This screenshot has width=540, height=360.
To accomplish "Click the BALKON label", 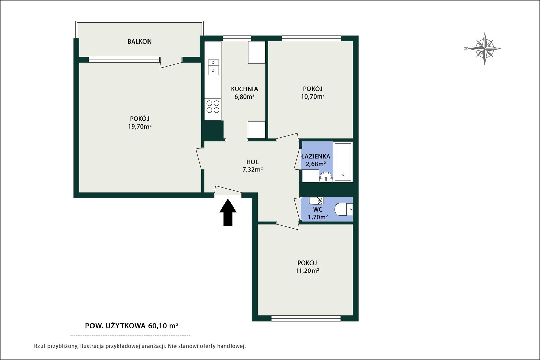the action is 139,41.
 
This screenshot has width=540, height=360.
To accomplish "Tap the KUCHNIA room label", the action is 244,89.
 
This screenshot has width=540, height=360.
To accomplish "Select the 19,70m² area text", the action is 140,126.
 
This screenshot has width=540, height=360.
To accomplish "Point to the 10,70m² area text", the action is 313,96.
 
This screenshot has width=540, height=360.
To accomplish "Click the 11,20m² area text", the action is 307,270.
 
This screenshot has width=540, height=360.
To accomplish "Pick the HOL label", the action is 252,162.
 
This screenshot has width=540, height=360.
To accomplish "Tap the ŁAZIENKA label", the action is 316,156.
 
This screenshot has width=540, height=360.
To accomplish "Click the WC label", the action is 318,210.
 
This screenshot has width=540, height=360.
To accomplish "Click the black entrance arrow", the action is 228,212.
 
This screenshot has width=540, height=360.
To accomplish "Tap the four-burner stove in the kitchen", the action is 213,107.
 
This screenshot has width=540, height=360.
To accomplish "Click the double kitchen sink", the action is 213,67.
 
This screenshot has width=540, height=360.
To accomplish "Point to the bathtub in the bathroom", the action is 343,162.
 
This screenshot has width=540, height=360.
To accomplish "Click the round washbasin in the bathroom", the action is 326,177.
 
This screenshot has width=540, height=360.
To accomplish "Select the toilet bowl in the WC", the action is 344,209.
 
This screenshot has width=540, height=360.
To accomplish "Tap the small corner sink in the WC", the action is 316,200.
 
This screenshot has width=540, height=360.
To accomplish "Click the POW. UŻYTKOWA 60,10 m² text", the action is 132,326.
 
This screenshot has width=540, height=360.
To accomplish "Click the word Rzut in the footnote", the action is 39,346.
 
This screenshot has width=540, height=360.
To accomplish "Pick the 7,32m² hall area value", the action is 252,169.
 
